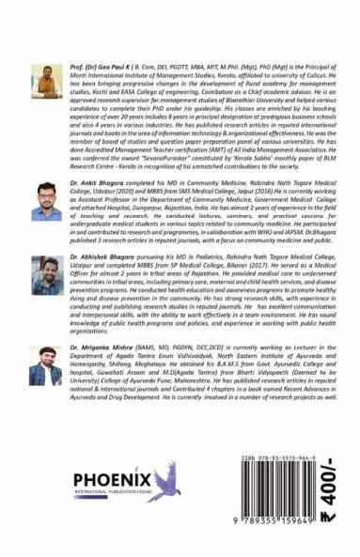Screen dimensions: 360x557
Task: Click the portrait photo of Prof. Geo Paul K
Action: [x=46, y=82]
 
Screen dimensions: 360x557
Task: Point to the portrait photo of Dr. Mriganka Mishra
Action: [x=46, y=364]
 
